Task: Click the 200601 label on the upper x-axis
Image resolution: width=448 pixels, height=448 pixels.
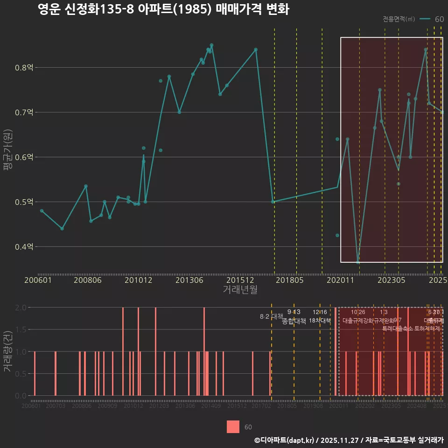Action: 38,280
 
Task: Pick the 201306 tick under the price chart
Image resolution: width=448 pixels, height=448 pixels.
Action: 189,280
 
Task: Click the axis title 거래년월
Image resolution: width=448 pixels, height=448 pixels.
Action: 240,290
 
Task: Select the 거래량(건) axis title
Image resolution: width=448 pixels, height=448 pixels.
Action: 7,351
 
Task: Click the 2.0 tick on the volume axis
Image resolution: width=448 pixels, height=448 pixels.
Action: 21,308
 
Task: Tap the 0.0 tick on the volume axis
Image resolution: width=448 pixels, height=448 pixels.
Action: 21,396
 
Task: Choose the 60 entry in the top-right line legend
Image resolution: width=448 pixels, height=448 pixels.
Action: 439,19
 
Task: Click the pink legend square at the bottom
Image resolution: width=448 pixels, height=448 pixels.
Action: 233,427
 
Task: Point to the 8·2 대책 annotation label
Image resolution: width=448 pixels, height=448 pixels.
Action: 272,316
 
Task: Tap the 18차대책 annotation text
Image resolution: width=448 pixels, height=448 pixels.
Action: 320,321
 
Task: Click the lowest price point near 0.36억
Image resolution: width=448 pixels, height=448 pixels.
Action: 358,262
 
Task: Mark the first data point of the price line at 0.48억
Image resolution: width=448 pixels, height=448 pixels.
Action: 42,211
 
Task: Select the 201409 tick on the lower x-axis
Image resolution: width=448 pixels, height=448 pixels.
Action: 211,406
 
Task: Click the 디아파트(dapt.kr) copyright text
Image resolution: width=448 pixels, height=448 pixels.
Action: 285,440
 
